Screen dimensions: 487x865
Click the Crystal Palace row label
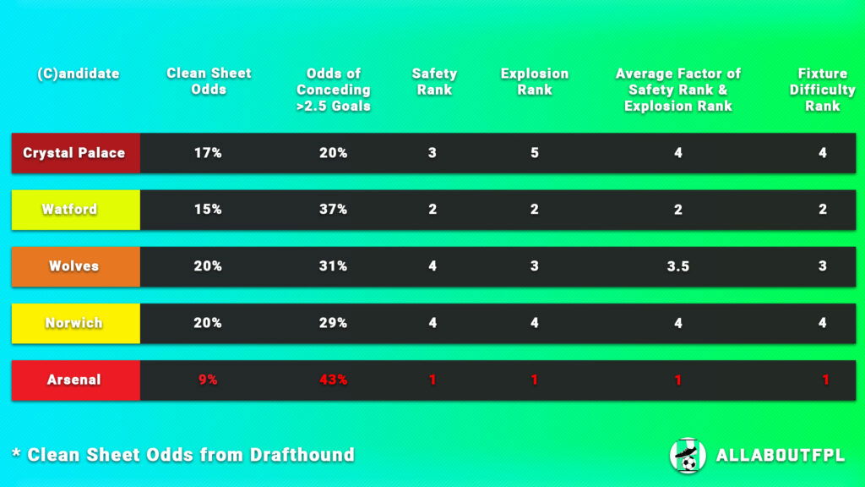point(74,153)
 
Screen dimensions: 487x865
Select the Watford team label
point(69,209)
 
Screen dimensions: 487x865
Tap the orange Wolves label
point(73,265)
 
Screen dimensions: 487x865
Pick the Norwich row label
point(73,322)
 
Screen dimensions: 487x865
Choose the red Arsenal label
point(73,380)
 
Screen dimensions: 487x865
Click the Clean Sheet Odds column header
point(209,81)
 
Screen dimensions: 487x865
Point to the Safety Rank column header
point(434,81)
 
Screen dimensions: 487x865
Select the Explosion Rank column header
point(535,81)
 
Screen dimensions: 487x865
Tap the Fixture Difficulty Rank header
point(822,90)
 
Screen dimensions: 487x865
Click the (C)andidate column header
point(79,74)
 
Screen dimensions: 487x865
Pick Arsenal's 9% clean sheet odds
point(208,380)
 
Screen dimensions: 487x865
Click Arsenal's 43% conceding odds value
point(333,380)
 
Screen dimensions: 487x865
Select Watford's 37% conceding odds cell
point(333,209)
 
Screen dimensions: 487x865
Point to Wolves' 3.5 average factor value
point(677,266)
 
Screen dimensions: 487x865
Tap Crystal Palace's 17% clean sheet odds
point(208,153)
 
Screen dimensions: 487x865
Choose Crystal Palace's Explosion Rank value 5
point(535,153)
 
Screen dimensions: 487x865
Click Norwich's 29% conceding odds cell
point(333,322)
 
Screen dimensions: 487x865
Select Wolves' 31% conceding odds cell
point(333,265)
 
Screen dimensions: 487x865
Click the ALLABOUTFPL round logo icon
point(687,455)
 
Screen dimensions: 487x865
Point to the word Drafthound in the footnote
point(302,455)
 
